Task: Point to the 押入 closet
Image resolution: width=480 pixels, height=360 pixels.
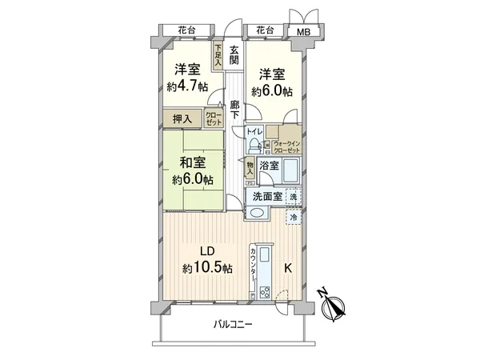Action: pyautogui.click(x=182, y=119)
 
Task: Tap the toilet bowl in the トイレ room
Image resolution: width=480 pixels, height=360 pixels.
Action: pyautogui.click(x=255, y=146)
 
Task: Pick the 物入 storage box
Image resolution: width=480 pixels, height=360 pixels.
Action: pyautogui.click(x=250, y=168)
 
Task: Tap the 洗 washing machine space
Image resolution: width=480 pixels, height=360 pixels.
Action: pyautogui.click(x=294, y=196)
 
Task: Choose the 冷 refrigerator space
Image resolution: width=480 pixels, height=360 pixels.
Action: pyautogui.click(x=294, y=217)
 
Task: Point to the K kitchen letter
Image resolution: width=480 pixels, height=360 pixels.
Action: pyautogui.click(x=289, y=269)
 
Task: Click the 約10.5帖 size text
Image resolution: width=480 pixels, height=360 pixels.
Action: pyautogui.click(x=207, y=269)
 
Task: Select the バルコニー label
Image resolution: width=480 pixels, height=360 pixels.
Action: pyautogui.click(x=233, y=325)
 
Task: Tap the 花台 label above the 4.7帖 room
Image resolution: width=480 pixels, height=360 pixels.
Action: pyautogui.click(x=186, y=30)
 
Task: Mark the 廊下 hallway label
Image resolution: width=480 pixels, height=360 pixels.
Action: pyautogui.click(x=234, y=110)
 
